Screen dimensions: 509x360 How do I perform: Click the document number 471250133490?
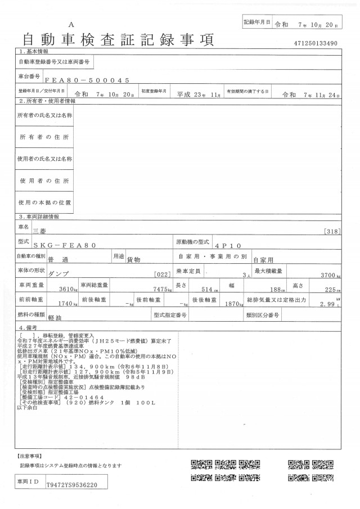click(x=315, y=43)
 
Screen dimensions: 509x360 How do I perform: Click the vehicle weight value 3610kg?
click(x=64, y=289)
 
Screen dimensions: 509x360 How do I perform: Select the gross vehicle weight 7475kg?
click(x=159, y=289)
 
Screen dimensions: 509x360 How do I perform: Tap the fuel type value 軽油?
click(x=55, y=318)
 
